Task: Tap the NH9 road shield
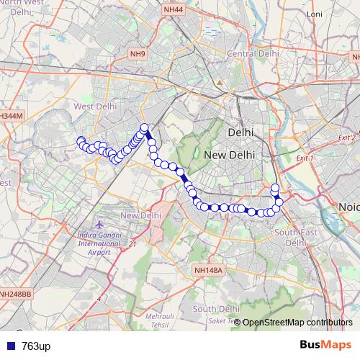pyautogui.click(x=138, y=54)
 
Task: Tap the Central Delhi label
pyautogui.click(x=253, y=53)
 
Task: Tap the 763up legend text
pyautogui.click(x=36, y=346)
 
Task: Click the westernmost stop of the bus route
pyautogui.click(x=81, y=141)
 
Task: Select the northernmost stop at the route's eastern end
pyautogui.click(x=274, y=189)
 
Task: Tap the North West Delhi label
pyautogui.click(x=22, y=8)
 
